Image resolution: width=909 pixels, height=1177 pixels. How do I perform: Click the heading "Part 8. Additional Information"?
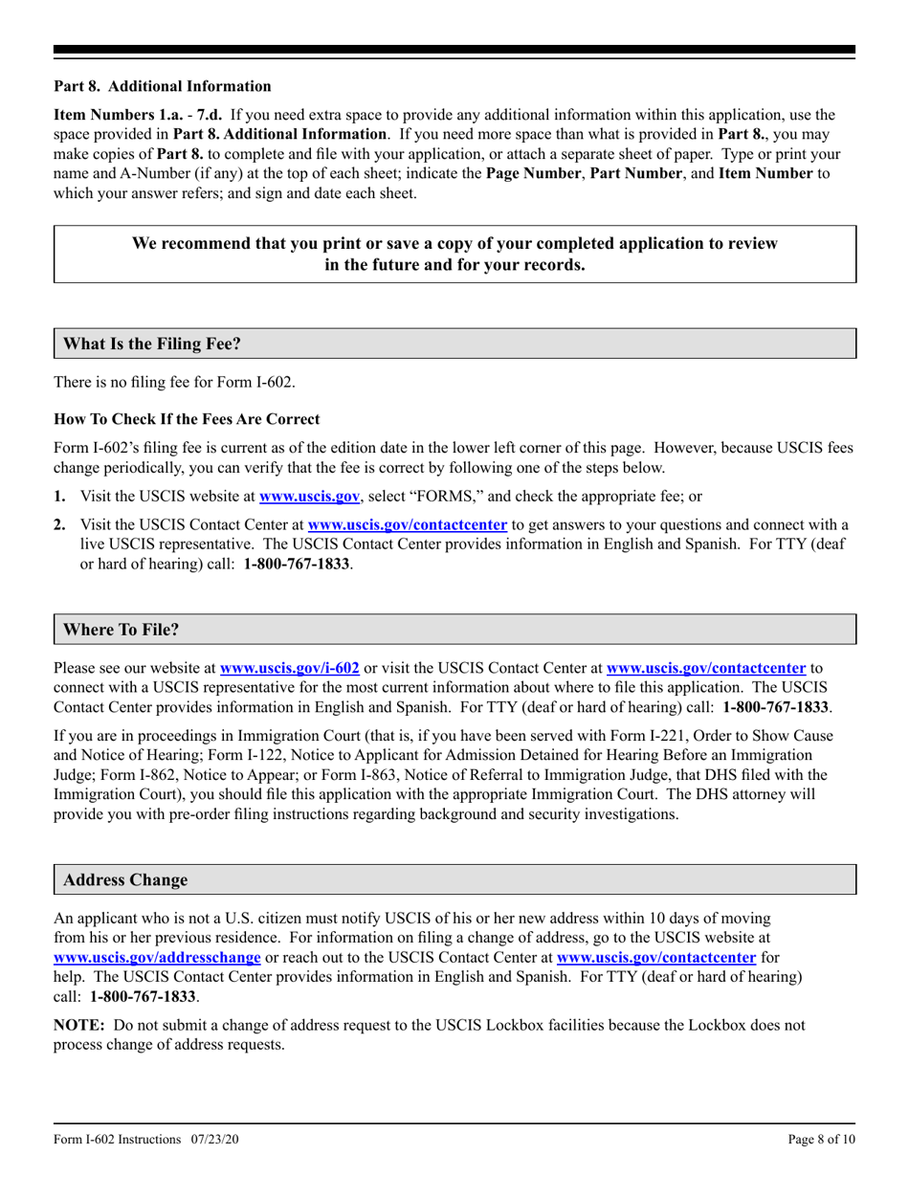(x=162, y=86)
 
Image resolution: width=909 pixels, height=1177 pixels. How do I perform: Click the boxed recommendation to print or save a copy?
(x=454, y=255)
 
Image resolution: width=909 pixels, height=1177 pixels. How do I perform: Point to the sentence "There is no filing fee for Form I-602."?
(x=175, y=383)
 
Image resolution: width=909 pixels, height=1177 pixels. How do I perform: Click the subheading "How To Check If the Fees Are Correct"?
(x=187, y=419)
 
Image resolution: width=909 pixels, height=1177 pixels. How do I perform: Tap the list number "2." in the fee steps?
(x=60, y=524)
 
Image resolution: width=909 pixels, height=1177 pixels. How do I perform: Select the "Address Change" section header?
(x=125, y=879)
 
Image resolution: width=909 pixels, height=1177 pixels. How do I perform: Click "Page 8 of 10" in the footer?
(x=821, y=1140)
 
